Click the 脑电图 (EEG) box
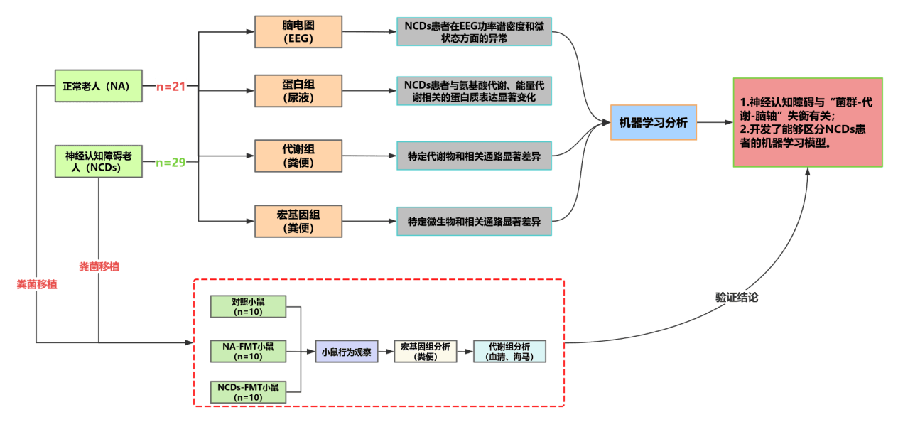[x=298, y=32]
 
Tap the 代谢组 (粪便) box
[x=298, y=156]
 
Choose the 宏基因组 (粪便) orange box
[x=298, y=221]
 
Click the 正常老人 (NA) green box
[x=99, y=86]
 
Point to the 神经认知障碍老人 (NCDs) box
[x=99, y=161]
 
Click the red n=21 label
[x=171, y=87]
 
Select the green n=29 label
[x=171, y=163]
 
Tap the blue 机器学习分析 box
[x=653, y=122]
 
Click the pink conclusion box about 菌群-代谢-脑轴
[x=808, y=122]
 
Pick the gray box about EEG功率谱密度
[x=474, y=32]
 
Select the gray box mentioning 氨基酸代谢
[x=474, y=90]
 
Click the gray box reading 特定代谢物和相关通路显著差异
[x=474, y=156]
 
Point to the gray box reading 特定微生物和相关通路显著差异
[x=474, y=222]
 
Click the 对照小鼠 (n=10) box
[x=248, y=306]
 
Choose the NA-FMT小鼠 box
[x=248, y=351]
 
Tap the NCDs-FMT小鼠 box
[x=248, y=392]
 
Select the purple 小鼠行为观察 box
[x=346, y=352]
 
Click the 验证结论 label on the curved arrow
[x=737, y=298]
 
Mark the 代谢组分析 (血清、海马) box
[x=509, y=352]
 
